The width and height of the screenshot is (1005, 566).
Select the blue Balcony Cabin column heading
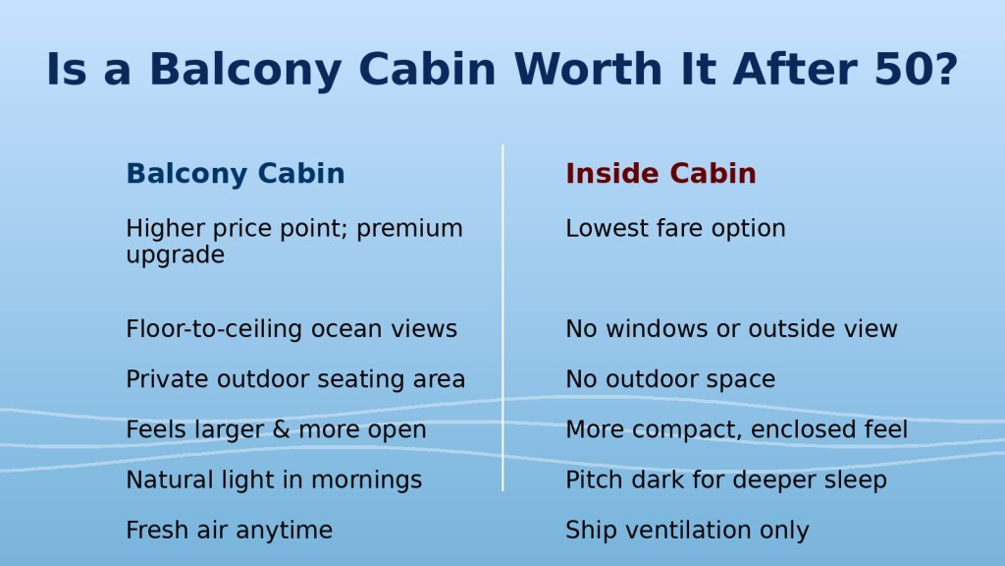click(236, 173)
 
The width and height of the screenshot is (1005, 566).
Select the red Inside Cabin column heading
click(661, 173)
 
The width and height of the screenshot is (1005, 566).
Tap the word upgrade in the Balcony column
click(175, 255)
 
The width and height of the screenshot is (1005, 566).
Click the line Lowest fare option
click(675, 228)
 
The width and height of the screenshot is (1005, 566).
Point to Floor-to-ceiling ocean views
click(291, 328)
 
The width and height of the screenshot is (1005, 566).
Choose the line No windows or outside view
click(731, 328)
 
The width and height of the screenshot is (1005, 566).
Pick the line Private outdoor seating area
click(295, 378)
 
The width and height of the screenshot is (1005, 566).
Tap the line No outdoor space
click(670, 378)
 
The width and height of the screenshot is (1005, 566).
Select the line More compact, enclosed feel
click(736, 429)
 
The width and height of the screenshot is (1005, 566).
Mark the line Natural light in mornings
click(275, 480)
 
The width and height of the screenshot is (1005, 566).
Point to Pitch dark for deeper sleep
click(726, 480)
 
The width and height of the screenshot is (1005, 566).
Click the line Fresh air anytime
click(230, 530)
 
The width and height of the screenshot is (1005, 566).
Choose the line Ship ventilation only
click(687, 530)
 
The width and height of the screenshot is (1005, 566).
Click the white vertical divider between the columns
click(502, 318)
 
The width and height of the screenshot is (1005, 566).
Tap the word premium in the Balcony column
click(409, 229)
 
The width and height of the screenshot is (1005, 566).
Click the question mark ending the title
click(947, 69)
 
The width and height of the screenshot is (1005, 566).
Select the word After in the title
click(795, 69)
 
